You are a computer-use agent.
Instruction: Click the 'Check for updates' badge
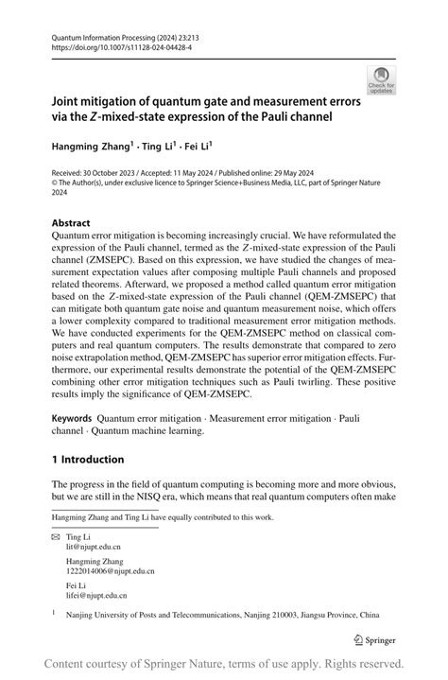pyautogui.click(x=381, y=79)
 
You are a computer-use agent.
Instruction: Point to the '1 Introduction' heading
pyautogui.click(x=88, y=460)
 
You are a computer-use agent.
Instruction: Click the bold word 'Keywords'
pyautogui.click(x=72, y=417)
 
